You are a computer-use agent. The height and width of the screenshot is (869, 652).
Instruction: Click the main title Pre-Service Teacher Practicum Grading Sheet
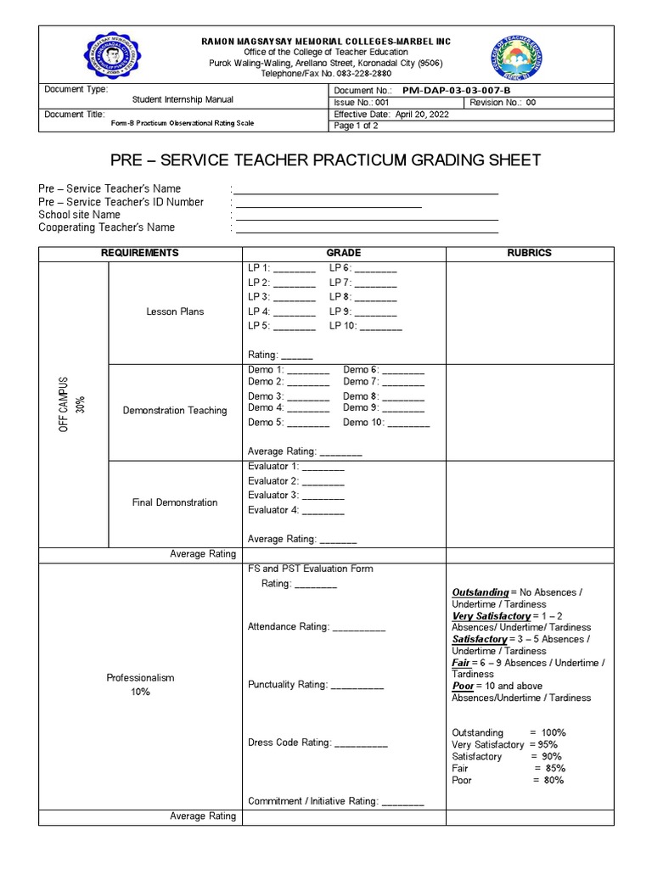tap(325, 160)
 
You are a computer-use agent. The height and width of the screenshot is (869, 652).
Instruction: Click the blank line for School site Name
tap(367, 216)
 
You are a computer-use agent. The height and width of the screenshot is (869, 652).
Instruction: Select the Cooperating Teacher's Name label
tap(107, 227)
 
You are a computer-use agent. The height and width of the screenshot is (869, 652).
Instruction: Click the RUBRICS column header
tap(529, 253)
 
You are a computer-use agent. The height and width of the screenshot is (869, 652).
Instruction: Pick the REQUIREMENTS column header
tap(140, 253)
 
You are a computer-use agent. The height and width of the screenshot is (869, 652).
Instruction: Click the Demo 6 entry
tap(384, 370)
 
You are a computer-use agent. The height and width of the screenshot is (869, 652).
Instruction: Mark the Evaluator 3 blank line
tap(323, 497)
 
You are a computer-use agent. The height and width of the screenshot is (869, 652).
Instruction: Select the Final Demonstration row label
tap(175, 502)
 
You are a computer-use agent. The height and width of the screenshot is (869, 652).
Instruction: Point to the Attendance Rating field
tap(316, 626)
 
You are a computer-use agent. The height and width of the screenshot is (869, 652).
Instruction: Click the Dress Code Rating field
tap(318, 743)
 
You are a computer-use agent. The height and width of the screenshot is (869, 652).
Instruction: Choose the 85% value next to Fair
tap(548, 768)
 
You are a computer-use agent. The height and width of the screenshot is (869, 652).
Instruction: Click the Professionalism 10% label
tap(140, 685)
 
